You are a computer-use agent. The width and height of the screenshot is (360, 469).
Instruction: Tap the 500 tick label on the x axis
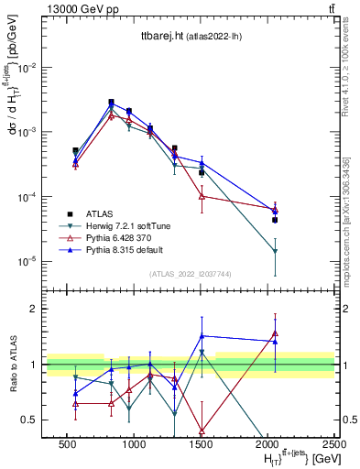pos(67,443)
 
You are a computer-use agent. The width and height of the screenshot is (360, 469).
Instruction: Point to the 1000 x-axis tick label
pos(134,443)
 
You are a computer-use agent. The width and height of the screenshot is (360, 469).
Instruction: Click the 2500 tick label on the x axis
pos(334,443)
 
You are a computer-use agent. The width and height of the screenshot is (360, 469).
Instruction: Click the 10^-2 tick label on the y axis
pos(27,68)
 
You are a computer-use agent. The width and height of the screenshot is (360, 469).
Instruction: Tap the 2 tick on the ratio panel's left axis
pos(33,309)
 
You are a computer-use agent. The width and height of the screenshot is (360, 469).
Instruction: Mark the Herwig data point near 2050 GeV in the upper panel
pos(275,252)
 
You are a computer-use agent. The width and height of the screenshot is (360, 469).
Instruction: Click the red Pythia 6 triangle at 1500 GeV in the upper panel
pos(202,196)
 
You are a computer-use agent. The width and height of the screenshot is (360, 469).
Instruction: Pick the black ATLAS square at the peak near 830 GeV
pos(111,103)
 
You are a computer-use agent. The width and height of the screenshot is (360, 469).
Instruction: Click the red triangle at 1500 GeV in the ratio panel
pos(202,431)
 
